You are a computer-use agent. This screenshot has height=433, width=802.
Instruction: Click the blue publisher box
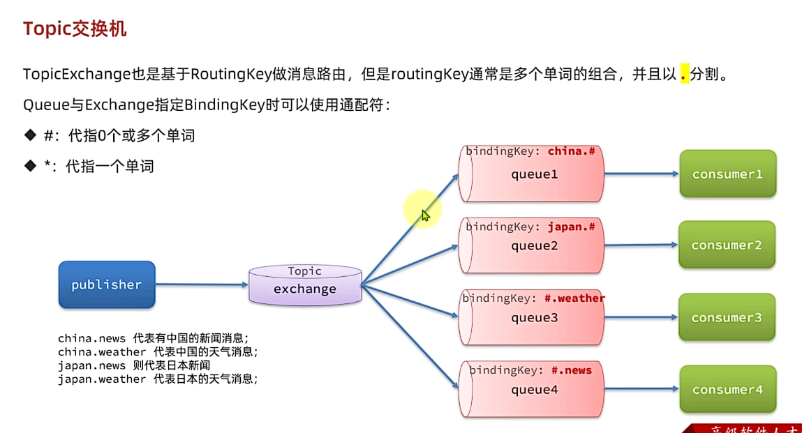106,284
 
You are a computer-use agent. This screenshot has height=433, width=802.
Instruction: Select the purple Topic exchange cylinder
305,285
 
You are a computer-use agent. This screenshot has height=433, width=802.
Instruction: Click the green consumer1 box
727,174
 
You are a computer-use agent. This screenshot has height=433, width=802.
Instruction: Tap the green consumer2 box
727,245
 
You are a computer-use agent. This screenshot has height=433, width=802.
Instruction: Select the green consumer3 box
727,318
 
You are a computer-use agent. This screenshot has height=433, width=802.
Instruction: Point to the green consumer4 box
727,390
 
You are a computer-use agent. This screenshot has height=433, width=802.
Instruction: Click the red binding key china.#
571,151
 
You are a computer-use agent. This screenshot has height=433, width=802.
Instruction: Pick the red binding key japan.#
571,227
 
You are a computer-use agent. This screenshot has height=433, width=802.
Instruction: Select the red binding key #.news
571,370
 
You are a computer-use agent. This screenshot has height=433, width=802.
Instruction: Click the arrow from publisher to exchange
202,284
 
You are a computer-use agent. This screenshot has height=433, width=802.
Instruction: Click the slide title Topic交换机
75,29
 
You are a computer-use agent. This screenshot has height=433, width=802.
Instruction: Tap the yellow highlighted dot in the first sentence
684,74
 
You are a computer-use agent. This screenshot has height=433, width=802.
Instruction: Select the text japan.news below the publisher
92,365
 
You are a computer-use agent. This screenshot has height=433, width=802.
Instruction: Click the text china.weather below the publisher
102,352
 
